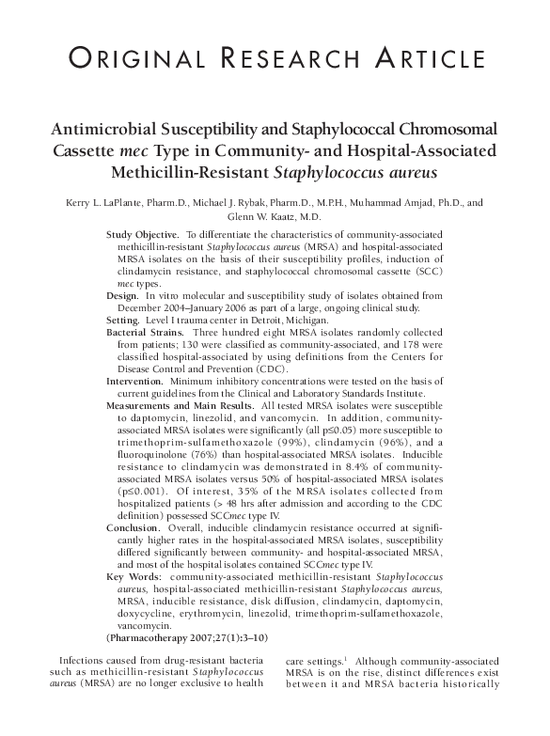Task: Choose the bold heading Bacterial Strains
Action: tap(146, 333)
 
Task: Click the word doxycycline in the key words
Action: tap(136, 614)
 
